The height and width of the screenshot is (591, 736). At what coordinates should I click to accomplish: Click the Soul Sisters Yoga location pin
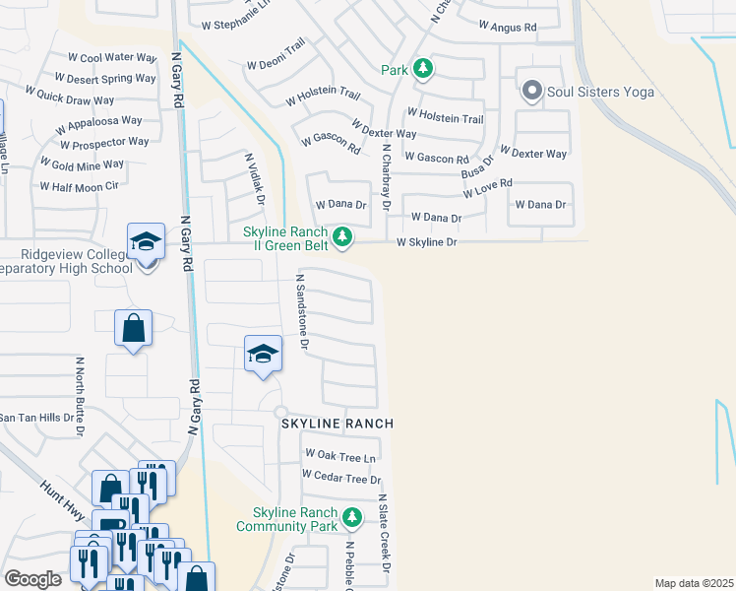pos(532,92)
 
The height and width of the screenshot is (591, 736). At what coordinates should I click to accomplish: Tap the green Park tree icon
pos(422,69)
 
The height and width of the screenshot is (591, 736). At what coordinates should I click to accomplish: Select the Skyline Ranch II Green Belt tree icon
pos(342,236)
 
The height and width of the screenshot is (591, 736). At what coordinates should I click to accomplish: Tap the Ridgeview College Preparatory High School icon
pos(144,242)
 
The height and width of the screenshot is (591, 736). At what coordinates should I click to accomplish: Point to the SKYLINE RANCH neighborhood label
pos(337,424)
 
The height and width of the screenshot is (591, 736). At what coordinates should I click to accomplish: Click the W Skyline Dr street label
pos(427,242)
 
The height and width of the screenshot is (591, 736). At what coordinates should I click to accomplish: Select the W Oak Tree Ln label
pos(340,456)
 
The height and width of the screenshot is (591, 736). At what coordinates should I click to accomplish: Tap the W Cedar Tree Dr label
pos(341,479)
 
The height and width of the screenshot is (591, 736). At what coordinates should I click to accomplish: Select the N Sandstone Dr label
pos(303,312)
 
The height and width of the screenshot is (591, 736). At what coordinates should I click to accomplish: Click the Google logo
pos(32,579)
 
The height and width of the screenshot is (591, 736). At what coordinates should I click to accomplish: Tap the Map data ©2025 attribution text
pos(695,583)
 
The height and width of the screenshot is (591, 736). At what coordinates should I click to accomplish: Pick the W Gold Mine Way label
pos(82,164)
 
